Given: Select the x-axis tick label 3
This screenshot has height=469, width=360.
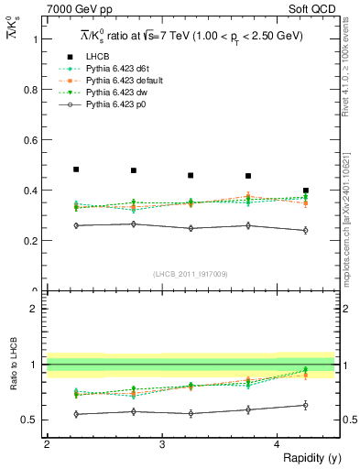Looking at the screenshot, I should (x=162, y=444).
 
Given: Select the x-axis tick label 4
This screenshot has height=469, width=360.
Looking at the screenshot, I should (x=278, y=444).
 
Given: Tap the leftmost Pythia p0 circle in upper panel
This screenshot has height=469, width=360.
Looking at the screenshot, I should (x=76, y=225).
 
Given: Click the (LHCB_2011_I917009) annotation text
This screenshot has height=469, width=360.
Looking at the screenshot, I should (x=191, y=273).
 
